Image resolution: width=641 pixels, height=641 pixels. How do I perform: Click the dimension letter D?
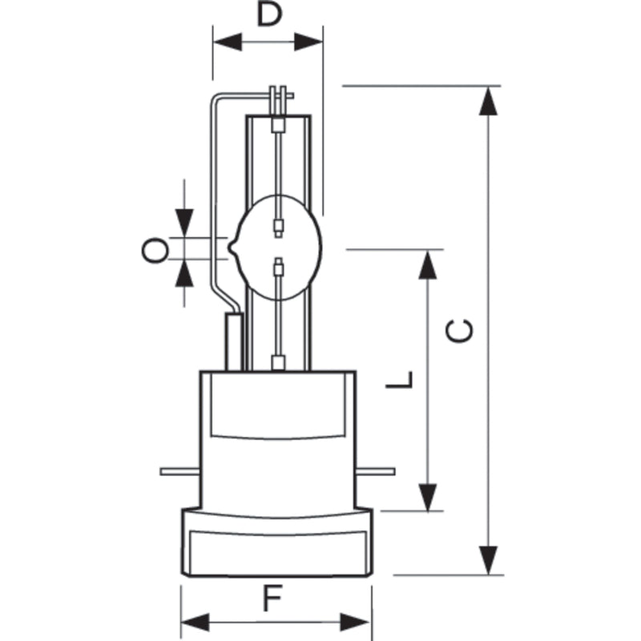[269, 14]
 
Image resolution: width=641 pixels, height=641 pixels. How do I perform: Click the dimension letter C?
[459, 331]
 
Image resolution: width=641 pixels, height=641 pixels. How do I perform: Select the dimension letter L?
[399, 380]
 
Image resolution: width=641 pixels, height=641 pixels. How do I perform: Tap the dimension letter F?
[272, 598]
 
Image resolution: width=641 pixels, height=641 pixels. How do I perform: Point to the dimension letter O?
[155, 250]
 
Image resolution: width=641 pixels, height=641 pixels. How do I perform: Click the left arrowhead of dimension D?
[228, 42]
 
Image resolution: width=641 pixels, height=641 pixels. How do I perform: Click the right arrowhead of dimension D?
[308, 42]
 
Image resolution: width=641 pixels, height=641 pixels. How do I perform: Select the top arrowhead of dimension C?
[488, 101]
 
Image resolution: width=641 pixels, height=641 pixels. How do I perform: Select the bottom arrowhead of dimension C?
[488, 560]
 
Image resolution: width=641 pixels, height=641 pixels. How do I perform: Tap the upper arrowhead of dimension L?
[428, 265]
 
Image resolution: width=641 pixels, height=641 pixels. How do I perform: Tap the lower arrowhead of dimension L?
[428, 497]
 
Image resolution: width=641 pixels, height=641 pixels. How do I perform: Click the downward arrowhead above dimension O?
[184, 224]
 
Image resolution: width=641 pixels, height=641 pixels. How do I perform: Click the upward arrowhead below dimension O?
[184, 273]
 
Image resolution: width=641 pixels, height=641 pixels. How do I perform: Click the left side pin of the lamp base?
[180, 472]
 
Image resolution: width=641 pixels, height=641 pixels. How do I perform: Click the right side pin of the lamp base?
[375, 472]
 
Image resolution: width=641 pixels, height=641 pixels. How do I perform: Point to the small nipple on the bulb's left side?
[233, 248]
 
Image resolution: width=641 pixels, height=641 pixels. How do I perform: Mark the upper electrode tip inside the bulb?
[278, 235]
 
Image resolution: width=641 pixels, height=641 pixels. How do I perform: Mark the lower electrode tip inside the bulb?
[278, 260]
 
